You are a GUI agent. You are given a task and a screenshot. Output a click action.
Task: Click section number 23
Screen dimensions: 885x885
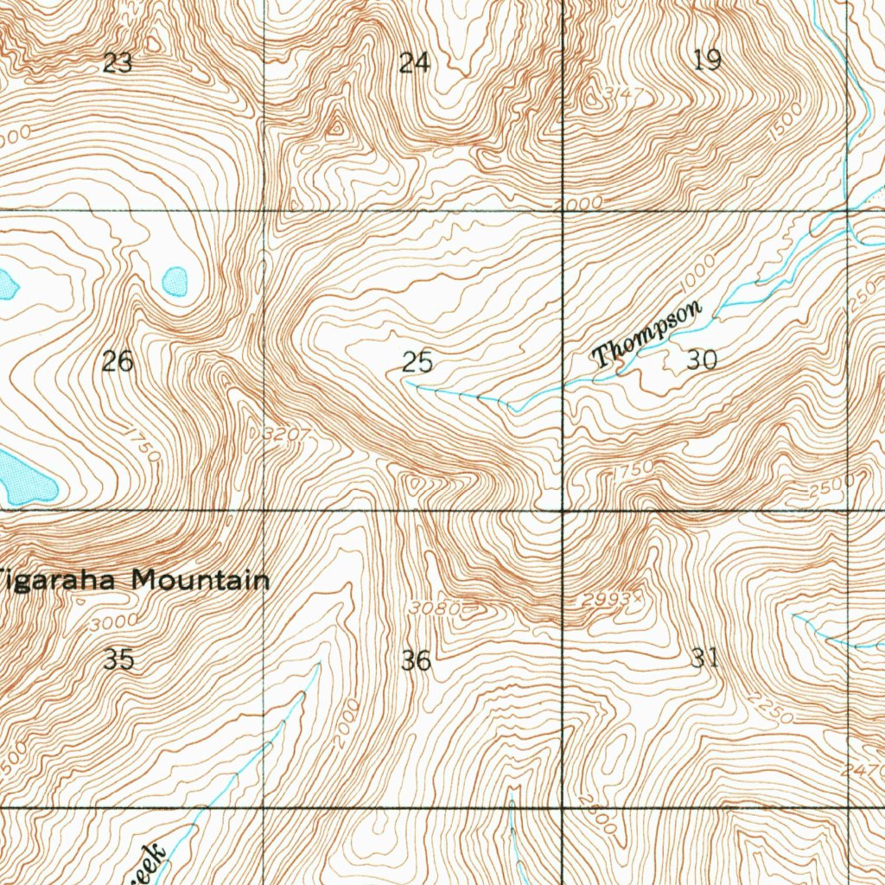[118, 62]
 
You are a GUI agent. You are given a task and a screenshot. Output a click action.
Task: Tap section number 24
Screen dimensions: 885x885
[414, 62]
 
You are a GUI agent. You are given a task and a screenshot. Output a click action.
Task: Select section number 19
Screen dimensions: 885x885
[707, 60]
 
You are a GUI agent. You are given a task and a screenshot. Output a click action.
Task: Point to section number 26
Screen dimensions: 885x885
[118, 361]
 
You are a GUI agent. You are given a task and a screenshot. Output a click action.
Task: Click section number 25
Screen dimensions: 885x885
[417, 362]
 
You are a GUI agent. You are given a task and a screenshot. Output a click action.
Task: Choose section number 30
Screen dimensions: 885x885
[702, 360]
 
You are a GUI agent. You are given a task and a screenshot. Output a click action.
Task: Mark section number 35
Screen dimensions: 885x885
[118, 659]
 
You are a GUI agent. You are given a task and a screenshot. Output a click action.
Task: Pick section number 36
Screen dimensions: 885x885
[417, 661]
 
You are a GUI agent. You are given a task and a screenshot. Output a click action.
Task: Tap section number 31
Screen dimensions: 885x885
[705, 659]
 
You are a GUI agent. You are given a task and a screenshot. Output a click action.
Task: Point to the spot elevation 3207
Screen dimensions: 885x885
[285, 433]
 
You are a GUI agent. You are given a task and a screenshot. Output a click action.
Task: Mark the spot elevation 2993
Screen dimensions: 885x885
[608, 599]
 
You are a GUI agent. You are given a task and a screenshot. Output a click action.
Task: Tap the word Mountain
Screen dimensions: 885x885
[200, 580]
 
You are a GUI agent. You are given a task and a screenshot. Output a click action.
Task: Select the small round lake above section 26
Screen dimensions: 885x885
[175, 280]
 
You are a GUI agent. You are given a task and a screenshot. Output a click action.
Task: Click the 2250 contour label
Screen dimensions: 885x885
[772, 709]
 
